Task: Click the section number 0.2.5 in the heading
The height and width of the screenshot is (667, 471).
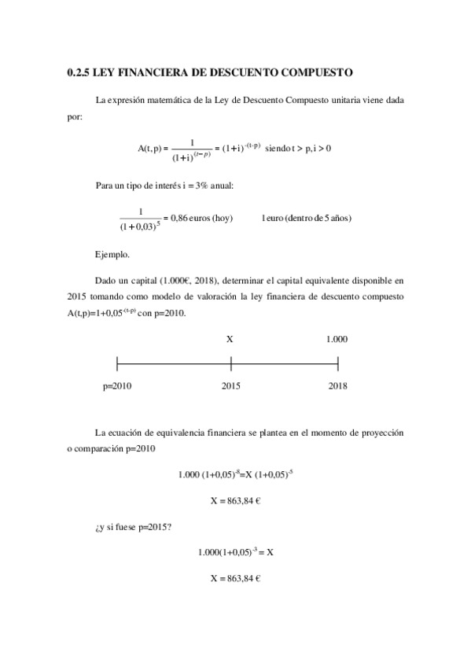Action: [79, 72]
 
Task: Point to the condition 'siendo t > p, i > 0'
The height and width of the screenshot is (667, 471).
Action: [298, 147]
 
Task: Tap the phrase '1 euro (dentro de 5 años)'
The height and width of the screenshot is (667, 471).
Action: [307, 218]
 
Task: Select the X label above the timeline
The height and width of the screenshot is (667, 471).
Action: [230, 339]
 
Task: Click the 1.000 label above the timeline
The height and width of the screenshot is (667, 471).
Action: [337, 339]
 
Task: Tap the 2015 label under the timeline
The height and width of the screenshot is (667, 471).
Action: [230, 386]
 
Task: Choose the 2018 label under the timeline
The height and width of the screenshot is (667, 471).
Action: [338, 386]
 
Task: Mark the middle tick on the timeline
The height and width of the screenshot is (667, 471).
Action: [231, 363]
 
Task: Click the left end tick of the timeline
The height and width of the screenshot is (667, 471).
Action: [117, 363]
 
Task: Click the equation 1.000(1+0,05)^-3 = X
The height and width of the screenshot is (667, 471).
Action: [235, 552]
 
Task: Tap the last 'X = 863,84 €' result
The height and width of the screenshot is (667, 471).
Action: [235, 578]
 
